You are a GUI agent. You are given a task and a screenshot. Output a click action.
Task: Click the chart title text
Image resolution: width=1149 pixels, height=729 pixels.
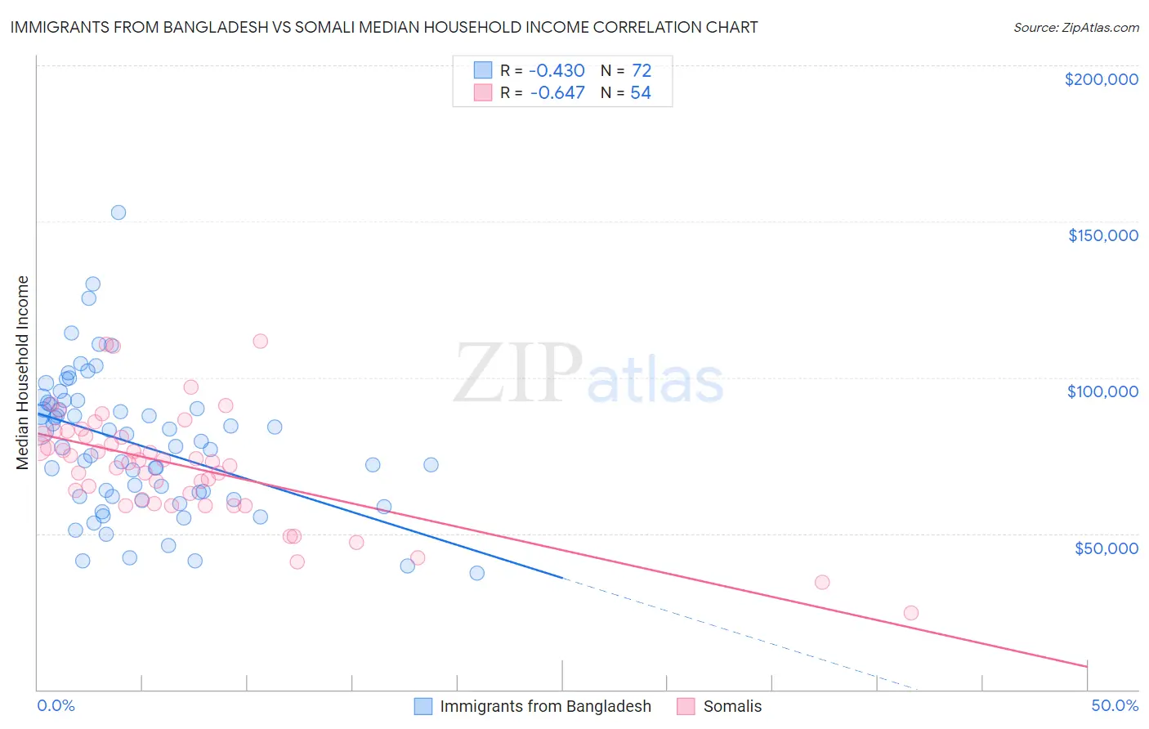click(x=383, y=27)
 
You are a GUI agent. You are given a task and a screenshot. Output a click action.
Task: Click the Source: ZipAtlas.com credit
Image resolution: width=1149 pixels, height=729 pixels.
click(x=1075, y=27)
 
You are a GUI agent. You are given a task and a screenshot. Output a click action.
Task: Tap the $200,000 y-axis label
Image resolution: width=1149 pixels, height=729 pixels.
click(x=1101, y=79)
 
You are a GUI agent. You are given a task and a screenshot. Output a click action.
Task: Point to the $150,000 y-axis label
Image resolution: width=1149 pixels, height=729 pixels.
click(x=1102, y=235)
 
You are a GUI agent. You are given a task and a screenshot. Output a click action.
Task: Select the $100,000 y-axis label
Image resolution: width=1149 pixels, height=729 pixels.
click(x=1102, y=391)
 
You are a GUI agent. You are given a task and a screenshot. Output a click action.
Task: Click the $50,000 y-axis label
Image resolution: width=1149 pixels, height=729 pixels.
click(x=1106, y=548)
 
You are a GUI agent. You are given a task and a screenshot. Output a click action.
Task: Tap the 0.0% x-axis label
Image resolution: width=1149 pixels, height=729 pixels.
click(x=56, y=705)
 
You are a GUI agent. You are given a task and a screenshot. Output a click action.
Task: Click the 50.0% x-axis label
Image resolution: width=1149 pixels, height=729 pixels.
click(x=1114, y=705)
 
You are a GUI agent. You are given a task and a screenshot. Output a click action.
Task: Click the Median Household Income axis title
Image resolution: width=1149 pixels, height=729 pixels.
click(x=23, y=373)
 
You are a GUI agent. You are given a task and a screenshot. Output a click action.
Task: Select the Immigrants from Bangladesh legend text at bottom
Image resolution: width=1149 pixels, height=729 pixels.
click(x=545, y=706)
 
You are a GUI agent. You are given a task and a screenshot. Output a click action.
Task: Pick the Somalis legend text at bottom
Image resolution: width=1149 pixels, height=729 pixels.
click(x=732, y=706)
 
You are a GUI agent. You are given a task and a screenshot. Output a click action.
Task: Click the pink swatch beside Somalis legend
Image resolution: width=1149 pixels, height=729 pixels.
click(x=686, y=706)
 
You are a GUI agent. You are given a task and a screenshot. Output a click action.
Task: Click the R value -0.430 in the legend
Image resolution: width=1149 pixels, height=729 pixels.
click(x=557, y=70)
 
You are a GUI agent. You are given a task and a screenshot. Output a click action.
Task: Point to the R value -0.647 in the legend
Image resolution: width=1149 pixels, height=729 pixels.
click(x=557, y=93)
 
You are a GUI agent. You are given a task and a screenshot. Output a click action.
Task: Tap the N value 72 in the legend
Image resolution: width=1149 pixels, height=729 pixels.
click(x=641, y=70)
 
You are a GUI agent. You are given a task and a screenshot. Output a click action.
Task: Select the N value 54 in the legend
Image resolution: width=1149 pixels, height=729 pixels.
click(x=641, y=93)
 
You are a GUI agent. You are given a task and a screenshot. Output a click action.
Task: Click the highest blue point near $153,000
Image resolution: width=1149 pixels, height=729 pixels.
click(x=118, y=212)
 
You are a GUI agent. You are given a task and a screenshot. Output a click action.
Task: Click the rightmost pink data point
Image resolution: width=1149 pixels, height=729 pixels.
click(x=910, y=613)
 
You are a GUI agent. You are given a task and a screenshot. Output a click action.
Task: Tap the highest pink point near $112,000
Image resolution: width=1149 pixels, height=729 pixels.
click(x=260, y=341)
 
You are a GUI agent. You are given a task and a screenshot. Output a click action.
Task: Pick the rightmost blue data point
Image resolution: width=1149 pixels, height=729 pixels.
click(x=477, y=573)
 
